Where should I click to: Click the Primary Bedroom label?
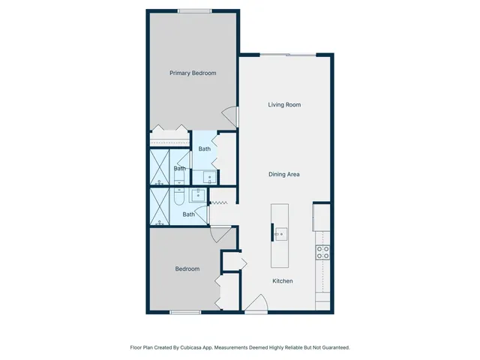pos(193,73)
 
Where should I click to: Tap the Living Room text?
pos(284,104)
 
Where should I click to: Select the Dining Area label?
pos(284,174)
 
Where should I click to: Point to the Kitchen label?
pos(282,281)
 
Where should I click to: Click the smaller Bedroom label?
pos(187,268)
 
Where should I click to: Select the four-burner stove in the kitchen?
pos(322,253)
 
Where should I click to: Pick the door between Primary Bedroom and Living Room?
pos(231,117)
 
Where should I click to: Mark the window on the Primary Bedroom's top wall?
pos(193,10)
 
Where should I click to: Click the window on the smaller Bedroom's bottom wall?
pos(184,313)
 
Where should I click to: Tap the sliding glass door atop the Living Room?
pos(285,54)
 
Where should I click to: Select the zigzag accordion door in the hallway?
pos(220,202)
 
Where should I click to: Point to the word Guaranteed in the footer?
pos(332,347)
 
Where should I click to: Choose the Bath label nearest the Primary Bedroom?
pos(204,148)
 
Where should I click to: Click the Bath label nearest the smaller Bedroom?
pos(189,214)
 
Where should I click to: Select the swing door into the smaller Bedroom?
pos(217,234)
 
